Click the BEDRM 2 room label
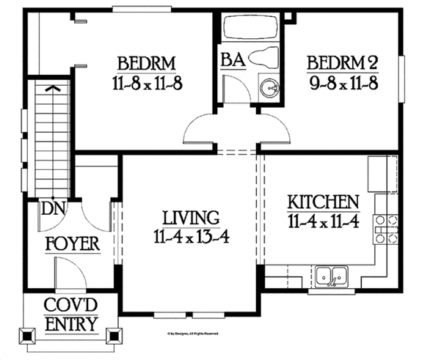341,60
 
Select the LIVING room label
191,218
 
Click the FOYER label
72,243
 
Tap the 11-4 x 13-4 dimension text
190,236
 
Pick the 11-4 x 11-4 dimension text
323,220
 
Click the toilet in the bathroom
263,56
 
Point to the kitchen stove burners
387,229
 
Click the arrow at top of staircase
52,88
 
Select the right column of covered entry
114,336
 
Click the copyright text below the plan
192,332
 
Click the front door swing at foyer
72,275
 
